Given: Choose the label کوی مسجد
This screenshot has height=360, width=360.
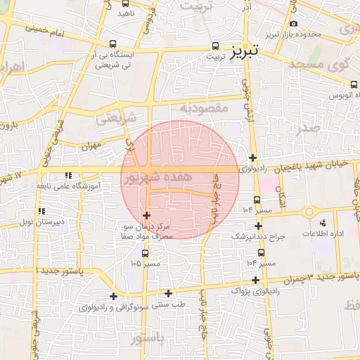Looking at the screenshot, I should tap(319, 65).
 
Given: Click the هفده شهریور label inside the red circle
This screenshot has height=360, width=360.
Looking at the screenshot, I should tap(155, 178).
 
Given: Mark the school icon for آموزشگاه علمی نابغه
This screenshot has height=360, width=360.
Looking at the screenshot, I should tap(67, 174).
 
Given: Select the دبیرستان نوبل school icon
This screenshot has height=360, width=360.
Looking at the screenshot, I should tap(41, 210).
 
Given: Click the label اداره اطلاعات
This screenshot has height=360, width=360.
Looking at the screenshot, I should tap(322, 233).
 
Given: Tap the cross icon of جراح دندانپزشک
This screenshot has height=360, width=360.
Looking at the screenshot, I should tap(259, 226).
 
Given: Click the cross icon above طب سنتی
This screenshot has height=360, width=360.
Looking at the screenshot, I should tap(168, 293).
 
